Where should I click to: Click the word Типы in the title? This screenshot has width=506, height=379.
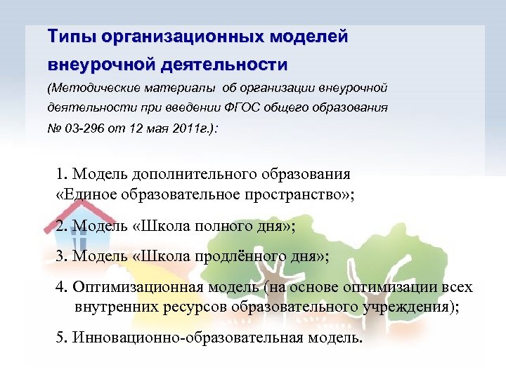pyautogui.click(x=70, y=36)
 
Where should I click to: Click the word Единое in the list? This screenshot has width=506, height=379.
pyautogui.click(x=84, y=194)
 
